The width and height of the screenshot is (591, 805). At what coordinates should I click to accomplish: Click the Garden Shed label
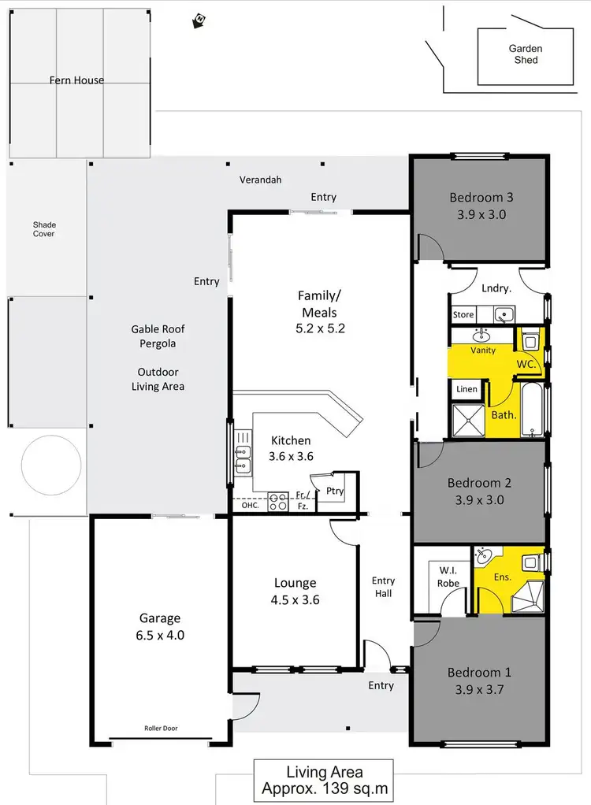(525, 54)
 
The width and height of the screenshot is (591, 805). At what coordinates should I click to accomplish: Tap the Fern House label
(77, 80)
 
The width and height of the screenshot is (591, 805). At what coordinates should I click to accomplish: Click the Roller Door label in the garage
(160, 729)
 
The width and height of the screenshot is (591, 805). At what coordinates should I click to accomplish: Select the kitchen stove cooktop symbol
(277, 502)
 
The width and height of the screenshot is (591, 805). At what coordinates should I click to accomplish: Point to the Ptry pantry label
(334, 491)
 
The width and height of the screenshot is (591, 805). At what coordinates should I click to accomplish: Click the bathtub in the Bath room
(533, 408)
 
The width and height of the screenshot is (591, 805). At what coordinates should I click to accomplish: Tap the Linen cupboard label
(466, 390)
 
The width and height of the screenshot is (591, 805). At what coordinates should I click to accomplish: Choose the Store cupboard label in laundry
(463, 315)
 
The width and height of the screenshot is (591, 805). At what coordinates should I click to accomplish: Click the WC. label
(526, 364)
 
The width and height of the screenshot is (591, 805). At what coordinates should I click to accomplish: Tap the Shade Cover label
(44, 229)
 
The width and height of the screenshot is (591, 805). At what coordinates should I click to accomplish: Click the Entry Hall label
(383, 587)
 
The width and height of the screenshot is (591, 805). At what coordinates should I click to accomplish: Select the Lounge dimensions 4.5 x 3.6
(295, 599)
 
